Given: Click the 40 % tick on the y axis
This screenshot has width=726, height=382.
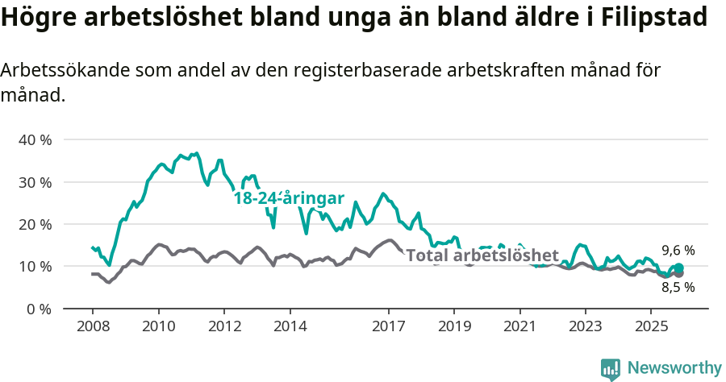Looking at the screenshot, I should pos(35,139).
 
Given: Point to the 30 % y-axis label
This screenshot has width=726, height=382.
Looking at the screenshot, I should pos(35,182).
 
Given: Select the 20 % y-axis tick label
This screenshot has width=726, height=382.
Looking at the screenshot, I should pos(35,224).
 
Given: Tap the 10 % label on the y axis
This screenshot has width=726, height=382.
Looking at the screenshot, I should pos(35,266).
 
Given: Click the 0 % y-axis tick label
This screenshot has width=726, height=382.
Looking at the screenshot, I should pos(38,309).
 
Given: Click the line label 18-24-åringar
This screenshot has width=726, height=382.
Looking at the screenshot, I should pos(289,198).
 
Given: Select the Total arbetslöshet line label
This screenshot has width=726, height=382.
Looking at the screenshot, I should pos(482,256).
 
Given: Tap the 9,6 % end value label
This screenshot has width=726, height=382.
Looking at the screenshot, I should pos(678,251).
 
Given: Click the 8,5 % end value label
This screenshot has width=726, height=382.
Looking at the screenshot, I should pos(678,287).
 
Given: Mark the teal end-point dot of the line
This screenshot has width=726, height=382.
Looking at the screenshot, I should pos(678,268).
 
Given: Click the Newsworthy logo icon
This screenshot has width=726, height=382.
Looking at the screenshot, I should pos(611,369).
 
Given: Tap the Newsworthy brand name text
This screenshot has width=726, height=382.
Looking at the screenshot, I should pos(674,368).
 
